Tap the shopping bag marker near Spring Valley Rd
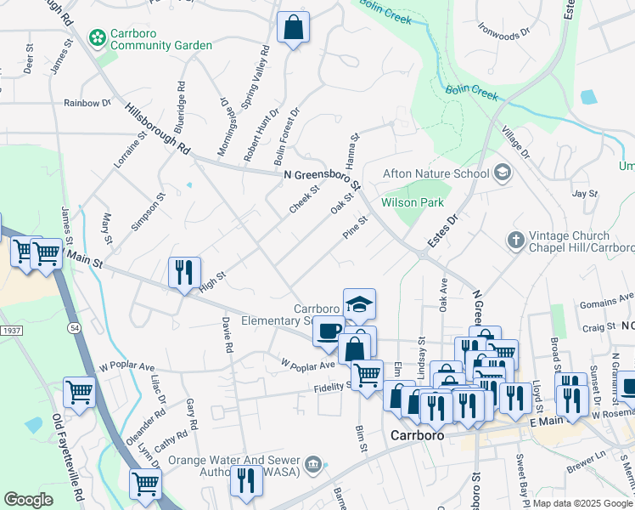pyautogui.click(x=293, y=28)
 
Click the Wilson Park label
pyautogui.click(x=401, y=203)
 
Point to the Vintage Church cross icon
pyautogui.click(x=515, y=241)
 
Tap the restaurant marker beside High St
pyautogui.click(x=184, y=272)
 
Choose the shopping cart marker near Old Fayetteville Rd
pyautogui.click(x=79, y=393)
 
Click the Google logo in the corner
pyautogui.click(x=28, y=500)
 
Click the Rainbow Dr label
pyautogui.click(x=87, y=103)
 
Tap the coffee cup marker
pyautogui.click(x=329, y=330)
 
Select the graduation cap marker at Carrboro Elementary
pyautogui.click(x=359, y=303)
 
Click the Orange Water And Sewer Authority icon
pyautogui.click(x=312, y=464)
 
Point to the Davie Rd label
pyautogui.click(x=227, y=335)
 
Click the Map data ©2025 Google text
pyautogui.click(x=582, y=503)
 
